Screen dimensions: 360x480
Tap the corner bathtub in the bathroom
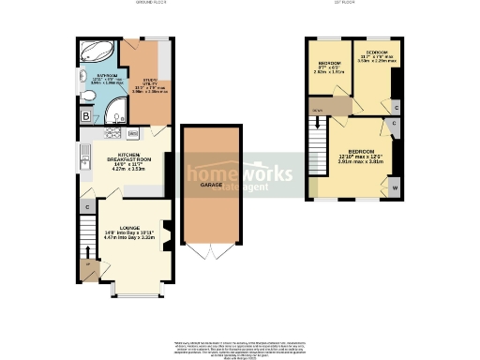[94, 52]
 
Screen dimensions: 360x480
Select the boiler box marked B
[85, 116]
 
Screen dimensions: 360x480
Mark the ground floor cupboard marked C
[87, 205]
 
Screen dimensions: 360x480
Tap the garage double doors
[210, 252]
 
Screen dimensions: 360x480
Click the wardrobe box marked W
[394, 187]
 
